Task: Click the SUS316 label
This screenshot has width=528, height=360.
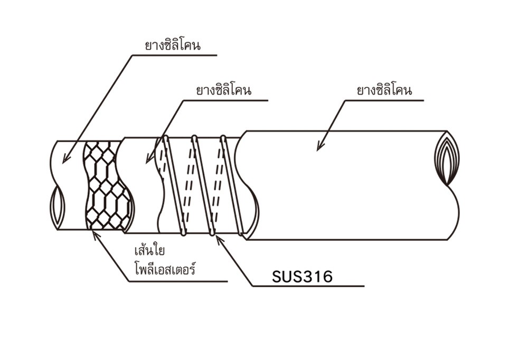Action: click(x=302, y=277)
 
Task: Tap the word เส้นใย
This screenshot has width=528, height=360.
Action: click(x=151, y=250)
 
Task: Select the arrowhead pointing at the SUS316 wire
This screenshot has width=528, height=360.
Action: click(x=218, y=238)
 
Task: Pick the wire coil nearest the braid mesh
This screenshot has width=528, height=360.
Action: click(x=174, y=185)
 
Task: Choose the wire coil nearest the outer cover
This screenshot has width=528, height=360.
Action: click(x=232, y=185)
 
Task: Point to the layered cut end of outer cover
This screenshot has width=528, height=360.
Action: click(x=447, y=157)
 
